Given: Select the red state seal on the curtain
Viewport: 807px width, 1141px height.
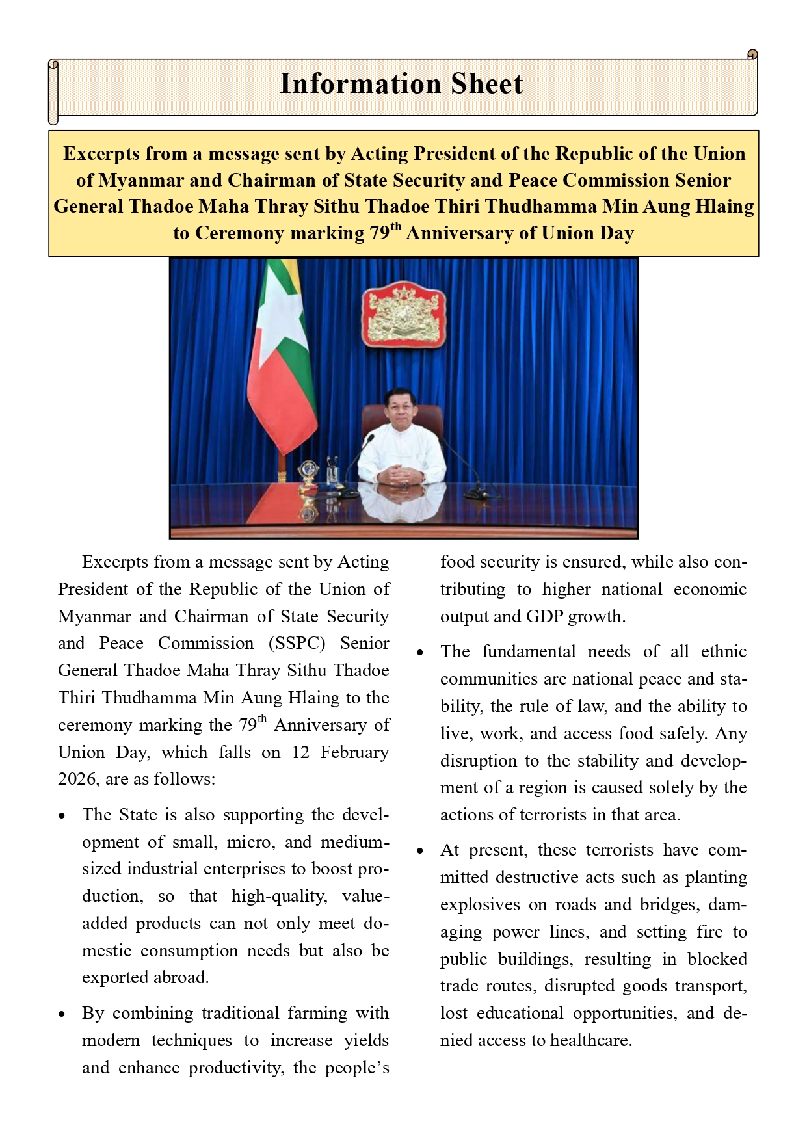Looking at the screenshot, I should (x=404, y=314).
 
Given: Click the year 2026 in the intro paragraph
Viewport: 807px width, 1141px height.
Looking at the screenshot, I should (x=76, y=780).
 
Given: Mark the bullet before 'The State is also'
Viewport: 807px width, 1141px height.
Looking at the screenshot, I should (x=62, y=816).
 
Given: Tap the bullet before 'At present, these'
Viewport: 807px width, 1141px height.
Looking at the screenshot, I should (x=420, y=851).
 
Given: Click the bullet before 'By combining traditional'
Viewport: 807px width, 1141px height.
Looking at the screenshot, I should (x=62, y=1014).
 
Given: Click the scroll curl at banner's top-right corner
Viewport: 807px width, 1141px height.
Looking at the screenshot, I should (x=752, y=55).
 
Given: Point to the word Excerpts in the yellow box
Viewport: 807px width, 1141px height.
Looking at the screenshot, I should (x=101, y=153).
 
